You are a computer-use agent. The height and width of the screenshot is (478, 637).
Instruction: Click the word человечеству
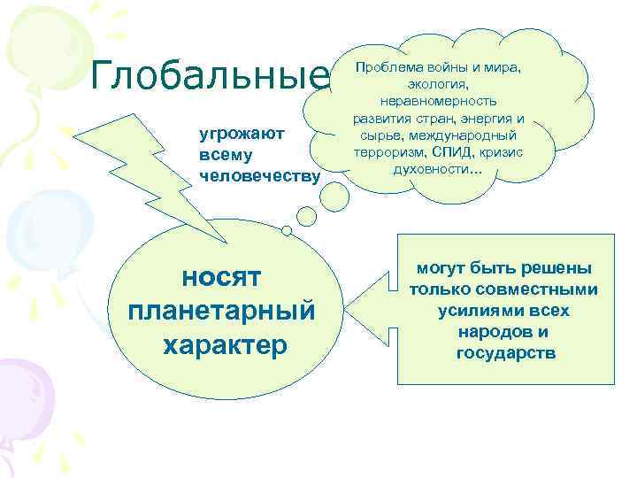click(x=258, y=173)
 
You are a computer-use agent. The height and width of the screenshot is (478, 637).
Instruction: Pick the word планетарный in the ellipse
click(x=221, y=311)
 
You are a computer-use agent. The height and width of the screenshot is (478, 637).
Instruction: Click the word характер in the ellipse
click(x=225, y=344)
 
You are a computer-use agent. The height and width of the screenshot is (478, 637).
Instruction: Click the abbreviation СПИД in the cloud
click(x=457, y=151)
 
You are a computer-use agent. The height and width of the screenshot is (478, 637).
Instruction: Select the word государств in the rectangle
click(x=505, y=353)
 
